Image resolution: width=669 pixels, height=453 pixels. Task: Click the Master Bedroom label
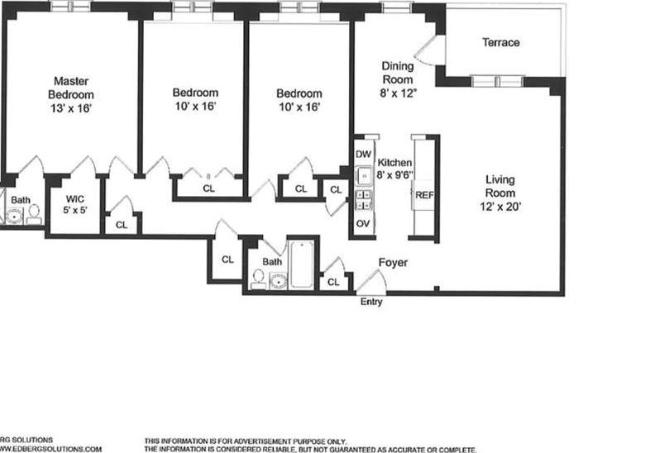pos(71,88)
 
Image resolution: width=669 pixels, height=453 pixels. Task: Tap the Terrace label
pos(501,42)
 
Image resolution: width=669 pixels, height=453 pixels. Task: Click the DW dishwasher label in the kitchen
pos(362,155)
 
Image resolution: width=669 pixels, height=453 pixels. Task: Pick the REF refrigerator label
pos(423,196)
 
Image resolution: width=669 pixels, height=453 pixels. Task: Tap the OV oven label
pos(362,223)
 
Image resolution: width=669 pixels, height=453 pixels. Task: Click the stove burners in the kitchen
pos(362,201)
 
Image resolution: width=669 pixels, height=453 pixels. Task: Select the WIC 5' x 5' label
pos(75,203)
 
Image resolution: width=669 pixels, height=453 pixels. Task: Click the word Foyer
pos(393,263)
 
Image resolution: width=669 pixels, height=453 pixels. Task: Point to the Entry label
pos(371,303)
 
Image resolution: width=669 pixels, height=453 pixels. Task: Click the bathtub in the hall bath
pos(301,265)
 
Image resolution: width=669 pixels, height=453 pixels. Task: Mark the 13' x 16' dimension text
pos(71,107)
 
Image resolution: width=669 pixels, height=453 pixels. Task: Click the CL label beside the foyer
pos(333,282)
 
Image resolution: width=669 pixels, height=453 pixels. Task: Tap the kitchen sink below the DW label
pos(362,175)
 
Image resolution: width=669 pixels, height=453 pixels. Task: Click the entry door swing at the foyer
pos(370,284)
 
